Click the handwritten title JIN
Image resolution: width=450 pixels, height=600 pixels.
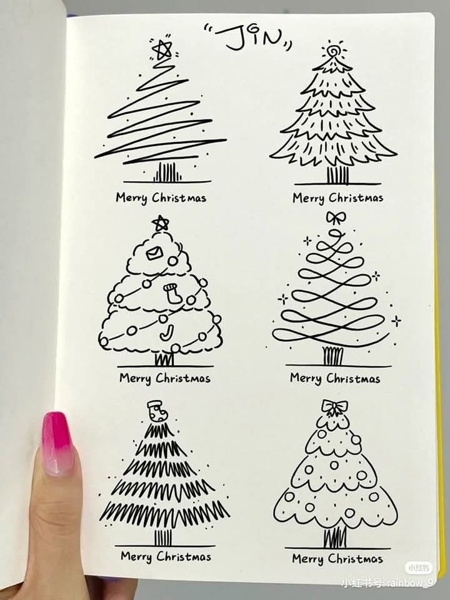click(x=248, y=37)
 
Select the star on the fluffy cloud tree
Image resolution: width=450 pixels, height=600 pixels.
click(x=161, y=223)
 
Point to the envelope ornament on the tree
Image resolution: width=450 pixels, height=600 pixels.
click(x=154, y=252)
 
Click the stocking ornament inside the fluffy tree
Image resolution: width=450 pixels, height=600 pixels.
click(x=170, y=293)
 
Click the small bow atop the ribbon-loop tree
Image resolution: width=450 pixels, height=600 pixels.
click(x=336, y=217)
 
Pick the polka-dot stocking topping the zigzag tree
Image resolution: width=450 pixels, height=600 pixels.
click(x=157, y=411)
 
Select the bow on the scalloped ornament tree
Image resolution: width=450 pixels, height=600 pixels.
click(x=334, y=407)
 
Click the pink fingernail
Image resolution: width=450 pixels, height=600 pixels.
click(x=57, y=443)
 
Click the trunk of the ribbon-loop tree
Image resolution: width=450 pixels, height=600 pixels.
click(x=333, y=356)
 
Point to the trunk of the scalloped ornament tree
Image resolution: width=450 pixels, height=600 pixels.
click(x=335, y=537)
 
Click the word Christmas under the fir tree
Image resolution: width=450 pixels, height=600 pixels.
click(x=356, y=197)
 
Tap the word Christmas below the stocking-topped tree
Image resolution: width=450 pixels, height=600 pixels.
click(x=184, y=556)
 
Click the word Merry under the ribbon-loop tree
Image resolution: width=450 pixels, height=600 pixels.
click(x=306, y=379)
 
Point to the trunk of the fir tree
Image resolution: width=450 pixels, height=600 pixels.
click(x=337, y=175)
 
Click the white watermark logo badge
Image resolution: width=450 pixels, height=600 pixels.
click(x=418, y=568)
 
